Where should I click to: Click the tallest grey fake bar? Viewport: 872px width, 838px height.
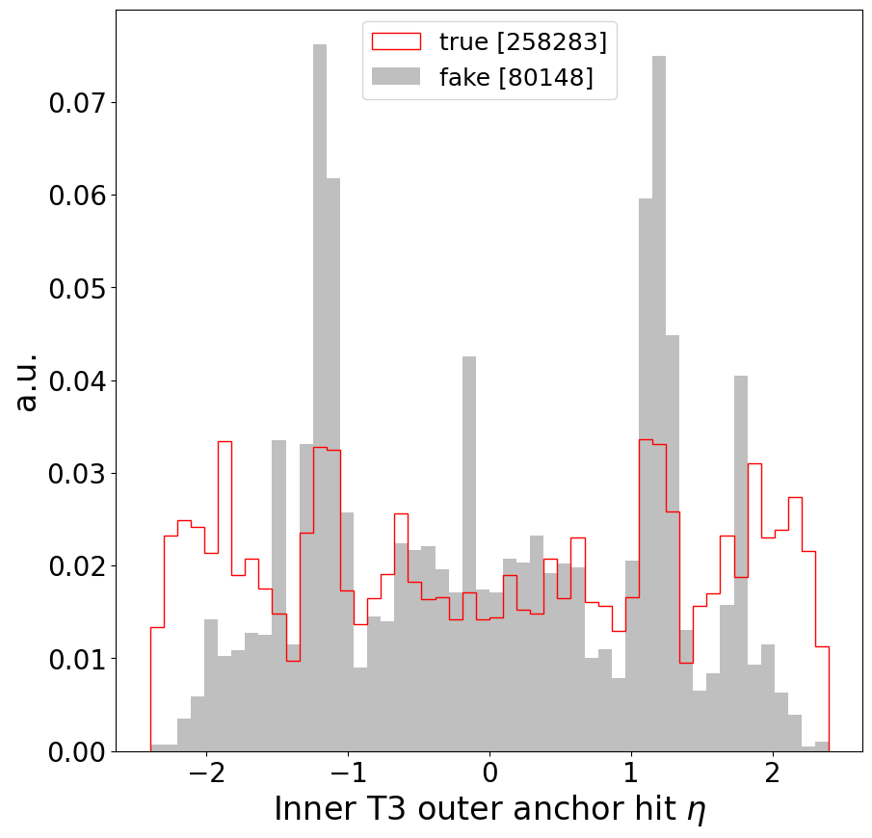320,385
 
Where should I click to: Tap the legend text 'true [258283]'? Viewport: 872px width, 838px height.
522,41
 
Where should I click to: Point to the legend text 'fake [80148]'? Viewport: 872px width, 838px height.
515,77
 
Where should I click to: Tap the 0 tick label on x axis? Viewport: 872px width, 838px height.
489,775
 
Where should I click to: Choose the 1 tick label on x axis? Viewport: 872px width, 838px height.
630,775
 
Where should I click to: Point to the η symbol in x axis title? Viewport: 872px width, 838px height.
696,811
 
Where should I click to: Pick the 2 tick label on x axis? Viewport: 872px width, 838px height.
772,775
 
